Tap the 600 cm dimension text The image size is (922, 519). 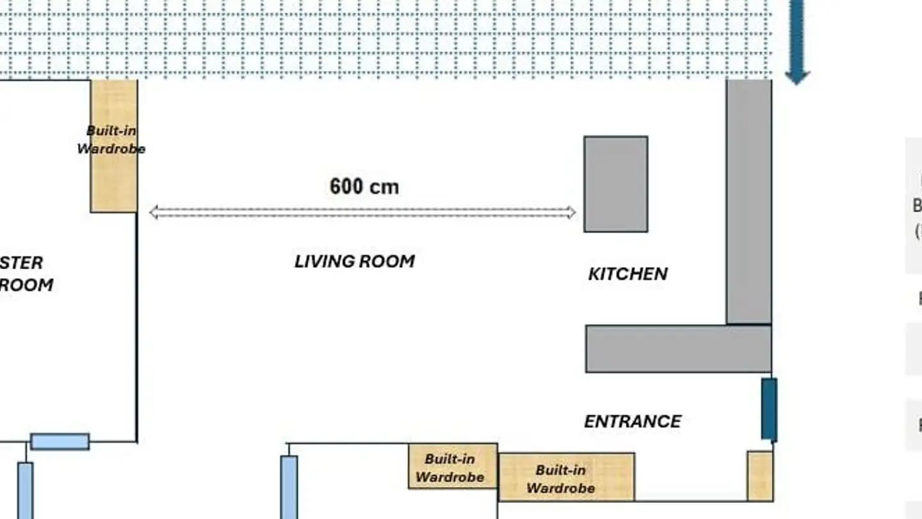(x=364, y=186)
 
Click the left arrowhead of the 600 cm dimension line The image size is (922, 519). (x=154, y=212)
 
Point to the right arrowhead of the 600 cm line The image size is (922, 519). (x=570, y=212)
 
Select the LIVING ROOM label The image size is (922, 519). (x=354, y=261)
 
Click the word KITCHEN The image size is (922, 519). (x=627, y=274)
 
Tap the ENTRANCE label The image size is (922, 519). (x=633, y=421)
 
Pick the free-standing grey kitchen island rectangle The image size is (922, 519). (x=615, y=184)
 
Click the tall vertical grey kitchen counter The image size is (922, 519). (x=748, y=201)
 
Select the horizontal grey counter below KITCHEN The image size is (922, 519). (x=678, y=349)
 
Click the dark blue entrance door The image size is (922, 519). (x=769, y=409)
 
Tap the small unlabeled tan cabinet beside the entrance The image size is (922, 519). (x=760, y=475)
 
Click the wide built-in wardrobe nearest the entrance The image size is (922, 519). (x=567, y=477)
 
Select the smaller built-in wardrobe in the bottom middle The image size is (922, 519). (x=453, y=466)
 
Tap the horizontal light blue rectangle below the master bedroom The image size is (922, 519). (x=60, y=441)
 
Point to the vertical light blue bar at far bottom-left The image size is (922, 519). (x=25, y=490)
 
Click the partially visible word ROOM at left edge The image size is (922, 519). (x=26, y=285)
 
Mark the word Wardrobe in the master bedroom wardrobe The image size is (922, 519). (x=111, y=149)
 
